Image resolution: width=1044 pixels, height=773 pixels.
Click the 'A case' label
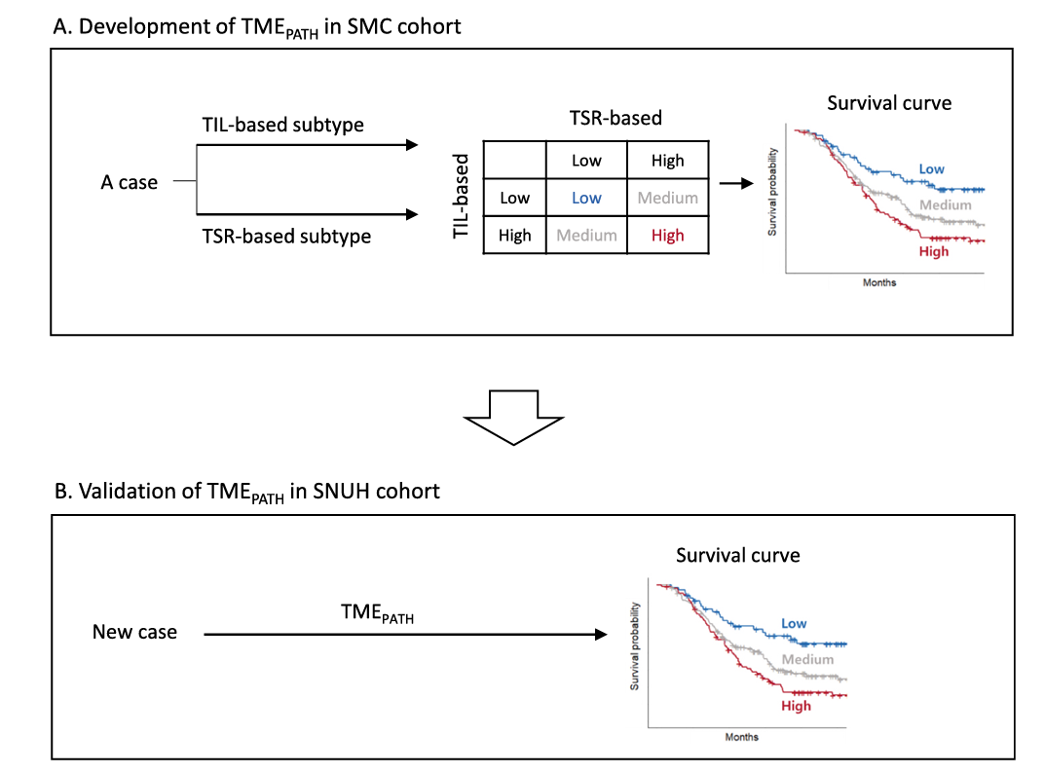[129, 182]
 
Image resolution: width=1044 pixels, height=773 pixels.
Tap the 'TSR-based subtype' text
[286, 236]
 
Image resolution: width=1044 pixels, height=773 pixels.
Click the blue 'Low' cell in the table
[586, 198]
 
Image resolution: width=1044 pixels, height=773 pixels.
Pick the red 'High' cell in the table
[668, 235]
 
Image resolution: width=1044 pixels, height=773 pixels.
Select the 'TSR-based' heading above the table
[615, 118]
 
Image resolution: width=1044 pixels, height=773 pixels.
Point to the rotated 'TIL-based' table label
[463, 197]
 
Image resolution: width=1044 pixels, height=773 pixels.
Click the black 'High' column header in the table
[668, 161]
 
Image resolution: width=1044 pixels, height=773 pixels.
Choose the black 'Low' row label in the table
[514, 198]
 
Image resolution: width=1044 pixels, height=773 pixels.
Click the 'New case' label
[134, 632]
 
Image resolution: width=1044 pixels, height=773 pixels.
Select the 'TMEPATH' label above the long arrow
[377, 612]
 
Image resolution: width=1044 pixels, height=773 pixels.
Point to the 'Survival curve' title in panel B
[738, 555]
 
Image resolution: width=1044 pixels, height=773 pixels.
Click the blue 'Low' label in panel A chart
[932, 168]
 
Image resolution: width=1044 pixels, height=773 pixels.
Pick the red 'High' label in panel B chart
[796, 705]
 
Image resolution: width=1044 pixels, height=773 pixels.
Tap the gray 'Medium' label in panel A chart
[946, 204]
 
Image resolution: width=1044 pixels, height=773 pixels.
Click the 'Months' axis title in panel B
[742, 737]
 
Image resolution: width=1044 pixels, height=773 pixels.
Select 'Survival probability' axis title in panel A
[772, 191]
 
